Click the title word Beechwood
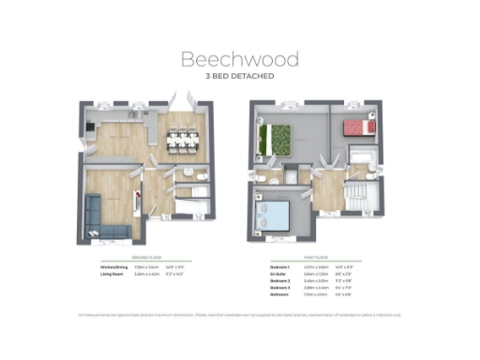(240, 58)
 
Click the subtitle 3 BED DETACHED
(240, 77)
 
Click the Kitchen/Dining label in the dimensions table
(114, 267)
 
